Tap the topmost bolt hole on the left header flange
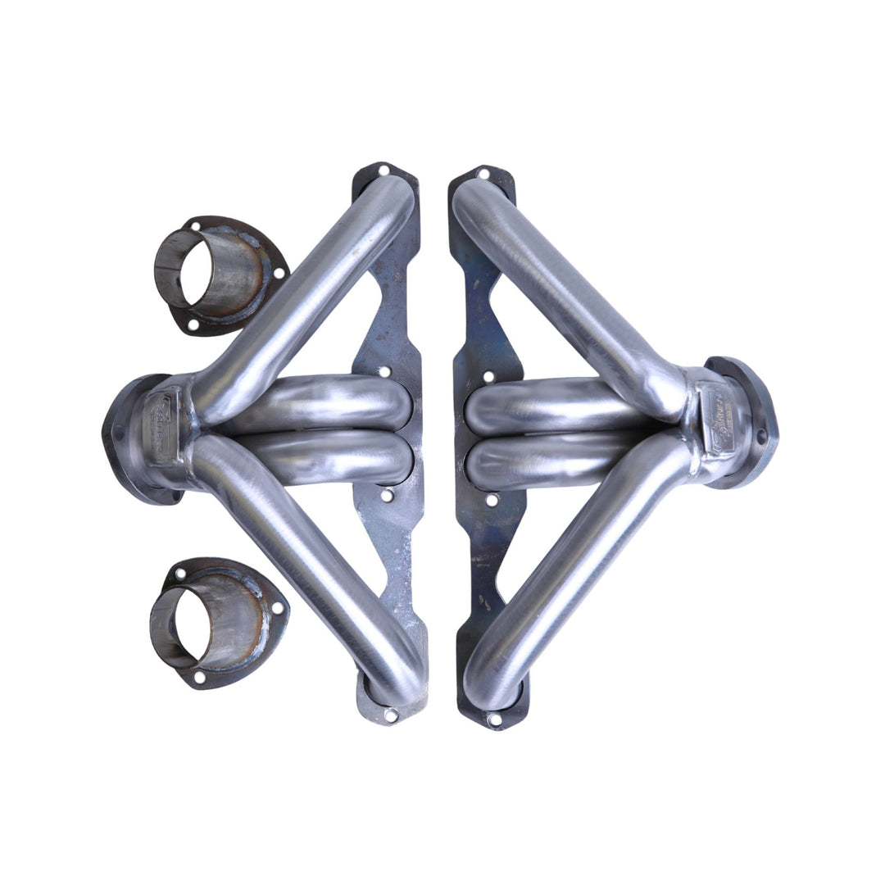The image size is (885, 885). tap(383, 172)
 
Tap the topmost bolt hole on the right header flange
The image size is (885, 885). tap(483, 174)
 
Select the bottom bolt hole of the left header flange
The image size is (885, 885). tap(391, 715)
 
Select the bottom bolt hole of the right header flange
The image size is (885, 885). tap(494, 719)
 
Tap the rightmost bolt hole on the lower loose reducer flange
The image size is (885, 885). tap(276, 608)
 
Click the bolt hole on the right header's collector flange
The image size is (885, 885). tap(760, 436)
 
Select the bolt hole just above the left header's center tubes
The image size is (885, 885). tap(384, 371)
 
